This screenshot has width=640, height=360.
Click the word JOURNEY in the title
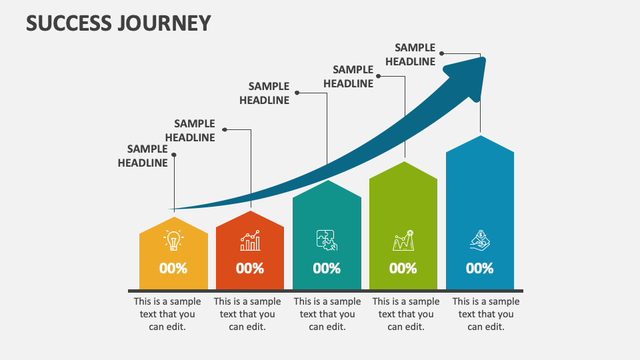click(x=165, y=23)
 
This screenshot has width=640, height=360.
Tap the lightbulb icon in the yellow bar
click(x=173, y=241)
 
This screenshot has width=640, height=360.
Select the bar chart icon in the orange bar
click(x=250, y=241)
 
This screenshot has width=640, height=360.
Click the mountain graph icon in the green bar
click(x=403, y=240)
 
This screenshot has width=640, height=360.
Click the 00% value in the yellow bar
click(x=173, y=269)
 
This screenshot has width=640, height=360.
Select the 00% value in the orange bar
click(x=250, y=269)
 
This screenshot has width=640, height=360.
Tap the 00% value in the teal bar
click(x=327, y=269)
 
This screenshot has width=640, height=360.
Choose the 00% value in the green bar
click(x=403, y=269)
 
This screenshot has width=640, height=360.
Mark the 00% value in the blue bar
click(x=480, y=269)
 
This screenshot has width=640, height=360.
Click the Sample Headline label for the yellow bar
click(x=143, y=156)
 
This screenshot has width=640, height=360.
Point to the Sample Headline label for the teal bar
click(x=265, y=93)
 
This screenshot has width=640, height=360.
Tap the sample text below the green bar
click(x=406, y=314)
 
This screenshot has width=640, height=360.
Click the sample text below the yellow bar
click(x=167, y=314)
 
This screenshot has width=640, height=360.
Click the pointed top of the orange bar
click(x=250, y=213)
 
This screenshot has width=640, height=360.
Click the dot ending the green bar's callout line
click(x=379, y=75)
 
